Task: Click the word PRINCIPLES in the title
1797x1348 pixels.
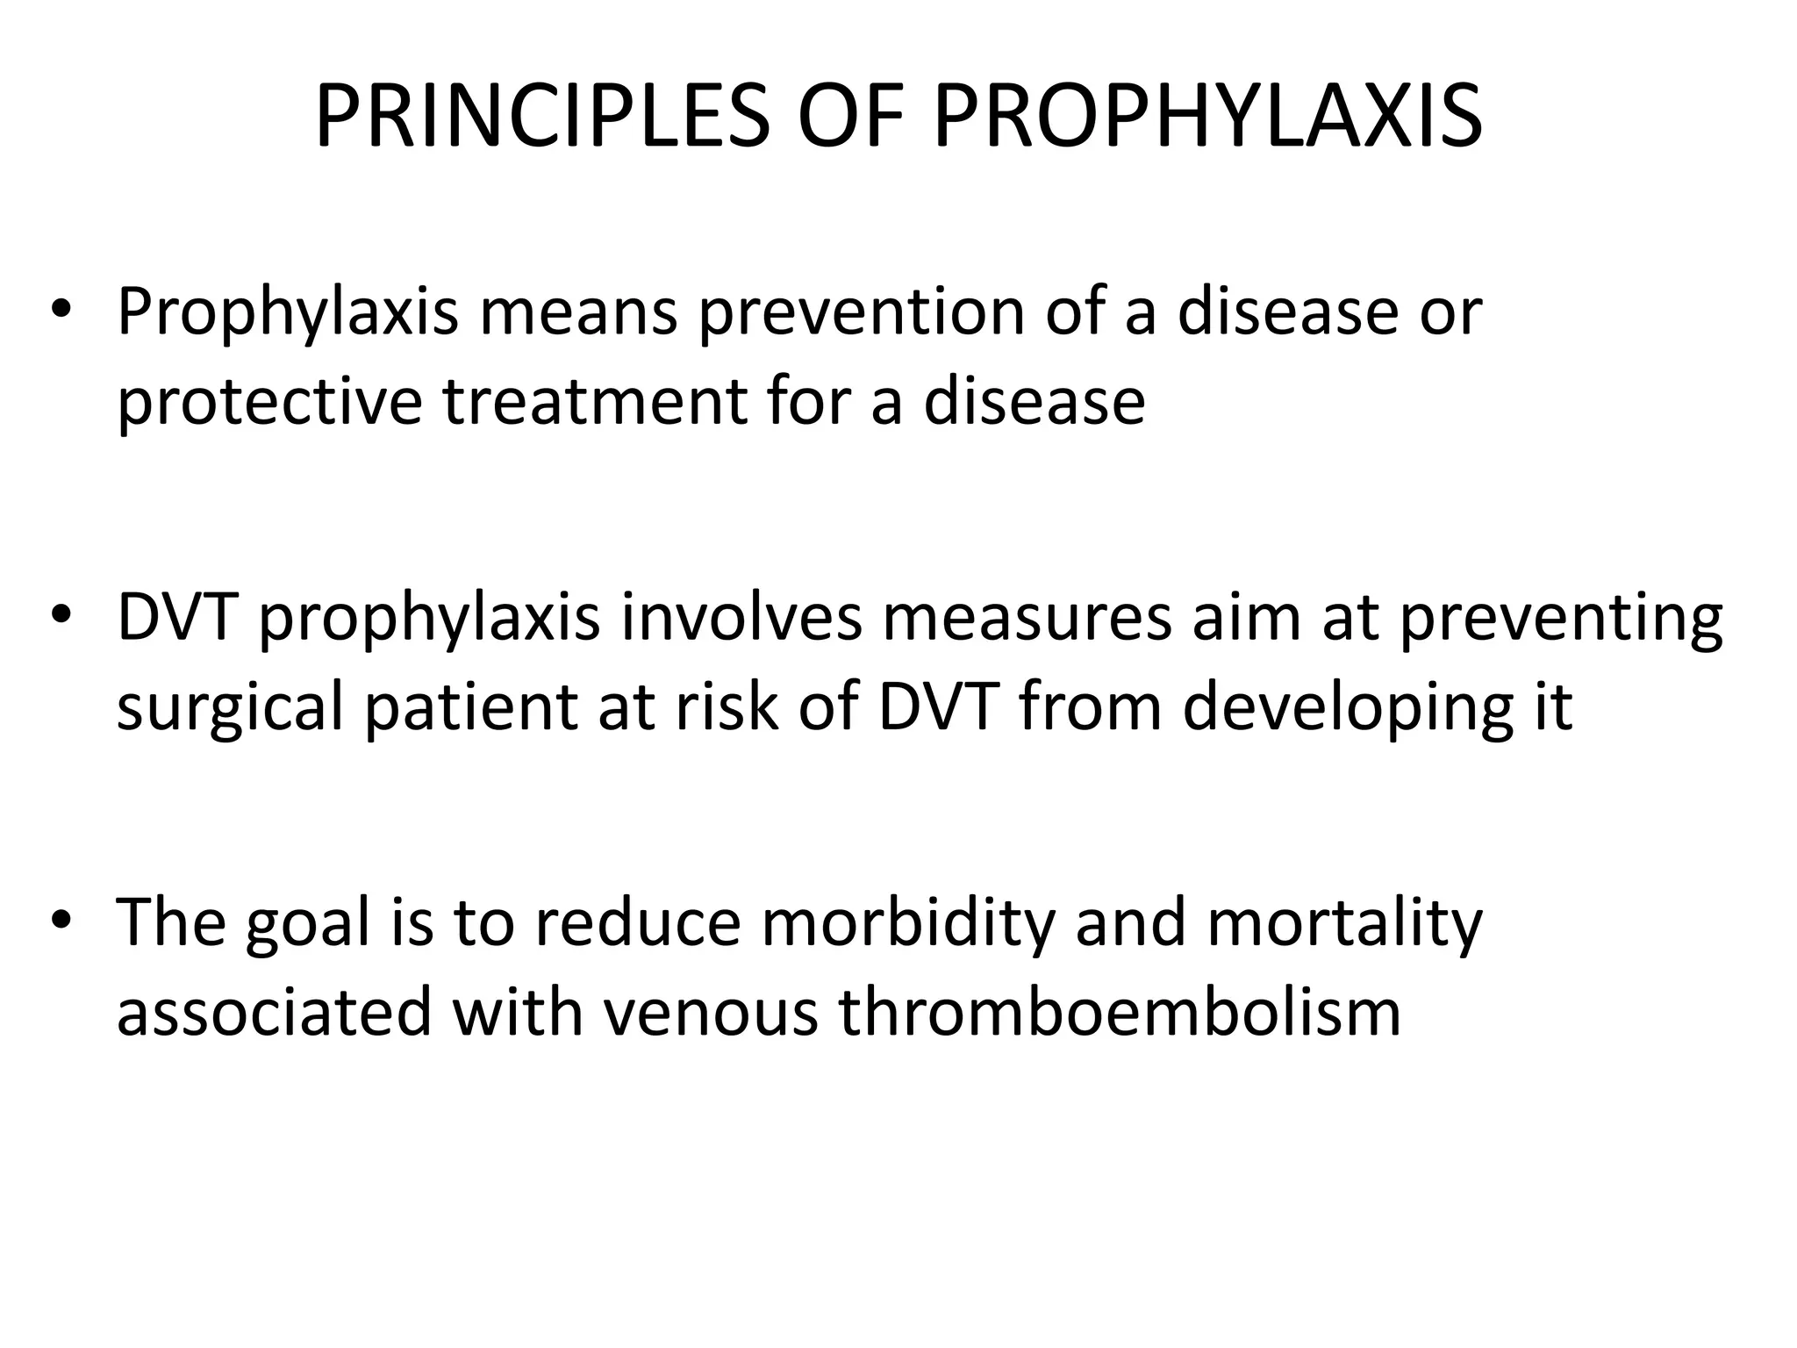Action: coord(541,116)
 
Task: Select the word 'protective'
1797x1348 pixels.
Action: coord(269,403)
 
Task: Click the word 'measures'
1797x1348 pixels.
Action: coord(1027,617)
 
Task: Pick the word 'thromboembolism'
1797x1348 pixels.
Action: coord(1120,1012)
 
